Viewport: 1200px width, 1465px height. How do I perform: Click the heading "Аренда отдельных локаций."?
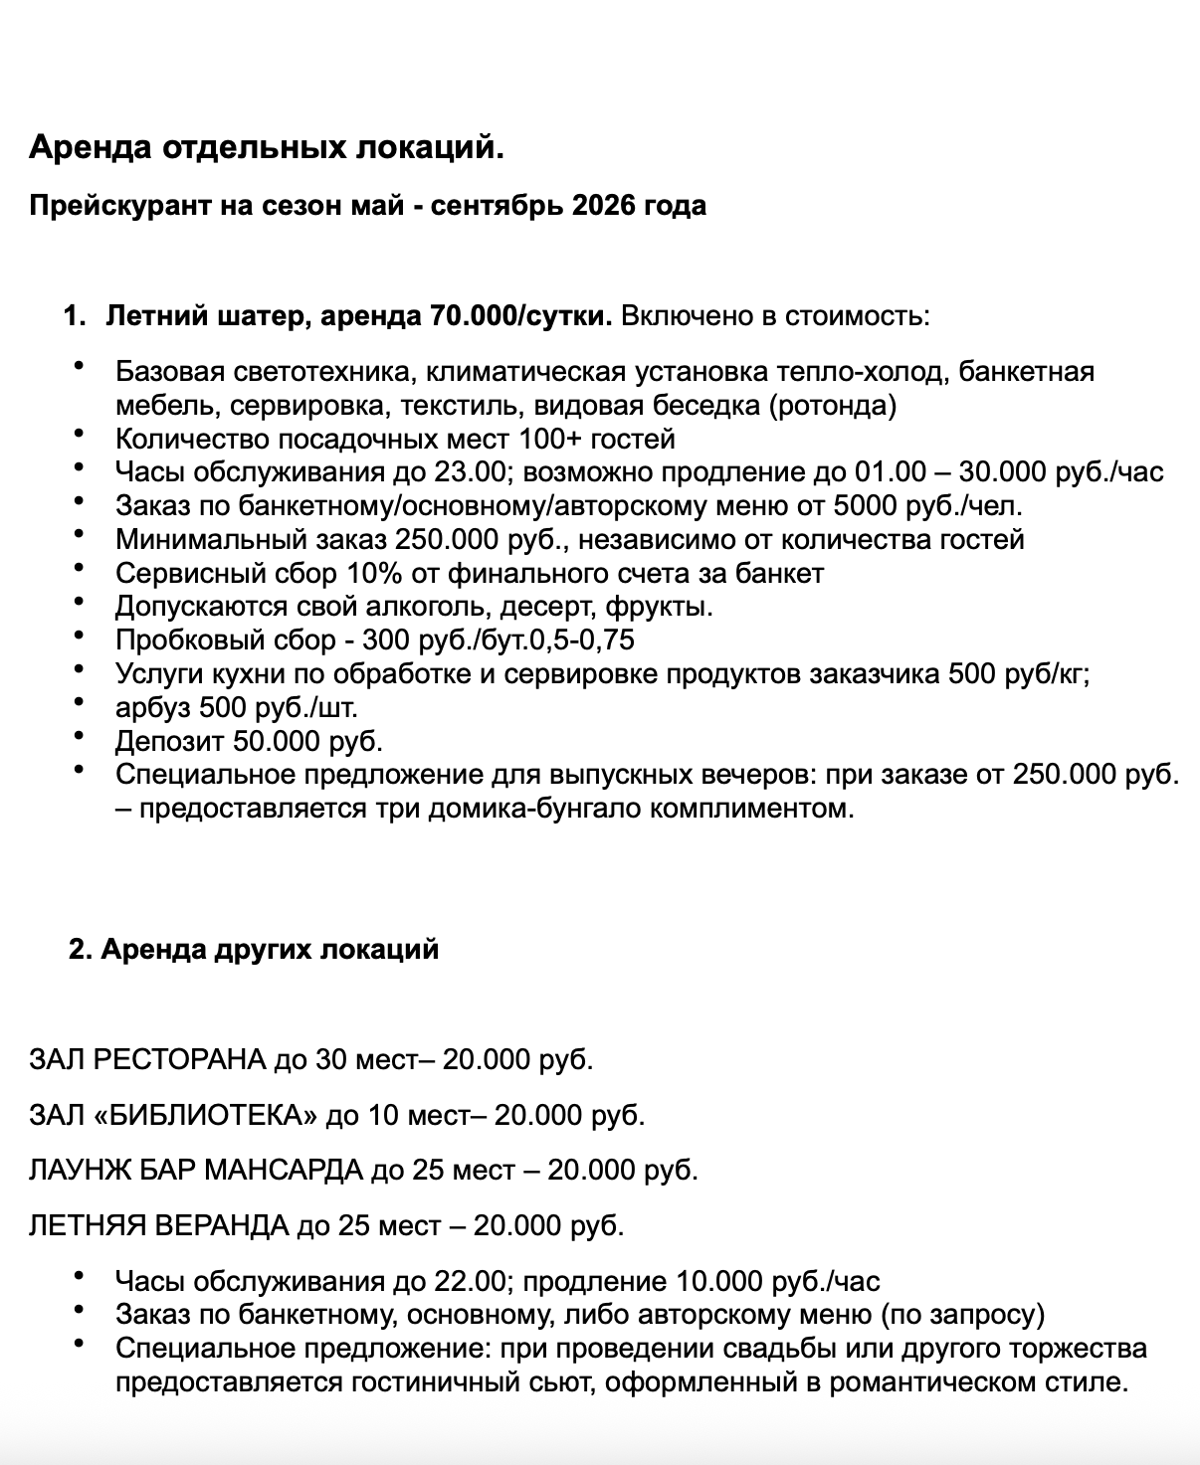point(267,148)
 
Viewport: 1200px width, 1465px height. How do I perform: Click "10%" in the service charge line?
point(371,574)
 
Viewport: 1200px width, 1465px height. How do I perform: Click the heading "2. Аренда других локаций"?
point(254,949)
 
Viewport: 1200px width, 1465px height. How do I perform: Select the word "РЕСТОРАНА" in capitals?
point(179,1060)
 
